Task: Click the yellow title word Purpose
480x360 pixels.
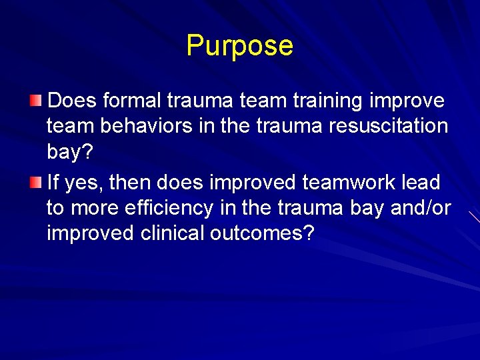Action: coord(239,46)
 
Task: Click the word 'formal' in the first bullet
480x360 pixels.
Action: coord(131,101)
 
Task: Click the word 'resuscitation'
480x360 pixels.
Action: coord(384,126)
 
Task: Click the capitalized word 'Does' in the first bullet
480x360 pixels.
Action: coord(73,101)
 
